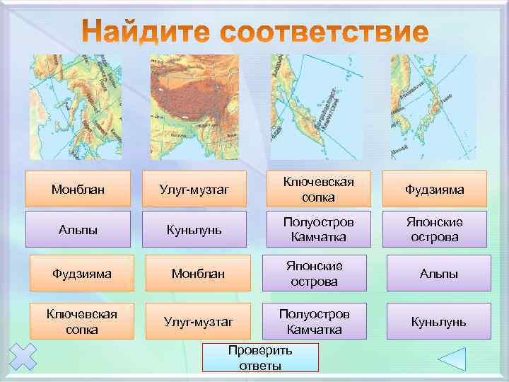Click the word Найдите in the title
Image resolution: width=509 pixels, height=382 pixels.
click(x=151, y=33)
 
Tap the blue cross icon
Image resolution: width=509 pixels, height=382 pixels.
click(x=23, y=357)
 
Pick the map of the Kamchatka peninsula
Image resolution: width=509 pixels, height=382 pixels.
click(x=315, y=107)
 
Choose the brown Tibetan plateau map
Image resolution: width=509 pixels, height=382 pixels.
click(x=194, y=107)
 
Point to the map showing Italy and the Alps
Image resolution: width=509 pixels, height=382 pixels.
click(x=76, y=107)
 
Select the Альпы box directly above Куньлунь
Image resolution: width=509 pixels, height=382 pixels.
click(x=438, y=273)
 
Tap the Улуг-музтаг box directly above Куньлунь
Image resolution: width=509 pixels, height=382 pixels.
click(x=194, y=190)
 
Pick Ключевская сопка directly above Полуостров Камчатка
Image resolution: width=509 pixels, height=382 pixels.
click(x=318, y=190)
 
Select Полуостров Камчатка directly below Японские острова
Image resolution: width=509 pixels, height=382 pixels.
click(x=315, y=322)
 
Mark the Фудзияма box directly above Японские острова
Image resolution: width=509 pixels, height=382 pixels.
click(x=435, y=190)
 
